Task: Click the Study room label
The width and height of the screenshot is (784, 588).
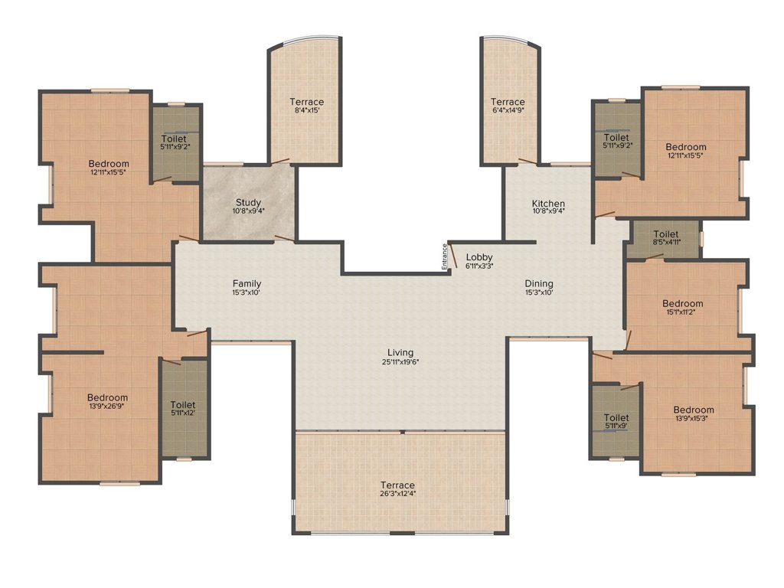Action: pyautogui.click(x=249, y=202)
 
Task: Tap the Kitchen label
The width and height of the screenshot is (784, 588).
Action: pyautogui.click(x=548, y=204)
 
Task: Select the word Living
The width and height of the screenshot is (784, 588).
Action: pyautogui.click(x=400, y=352)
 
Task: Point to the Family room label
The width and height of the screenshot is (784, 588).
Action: pyautogui.click(x=247, y=283)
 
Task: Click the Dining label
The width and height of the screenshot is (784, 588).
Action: pyautogui.click(x=539, y=283)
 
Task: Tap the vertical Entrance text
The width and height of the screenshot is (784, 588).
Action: pyautogui.click(x=444, y=257)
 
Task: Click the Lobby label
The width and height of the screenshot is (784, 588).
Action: pyautogui.click(x=479, y=257)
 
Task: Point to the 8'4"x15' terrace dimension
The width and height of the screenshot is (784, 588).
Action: pyautogui.click(x=306, y=110)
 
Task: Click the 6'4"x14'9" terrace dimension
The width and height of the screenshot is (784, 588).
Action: pyautogui.click(x=508, y=110)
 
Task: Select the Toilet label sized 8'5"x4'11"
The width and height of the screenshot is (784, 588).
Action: pyautogui.click(x=666, y=234)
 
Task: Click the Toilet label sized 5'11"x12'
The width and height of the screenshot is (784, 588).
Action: pyautogui.click(x=182, y=405)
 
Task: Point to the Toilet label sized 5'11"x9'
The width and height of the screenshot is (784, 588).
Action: pyautogui.click(x=616, y=417)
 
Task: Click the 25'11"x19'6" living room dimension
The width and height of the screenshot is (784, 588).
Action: pyautogui.click(x=400, y=362)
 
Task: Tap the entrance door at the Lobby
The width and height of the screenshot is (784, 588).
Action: pyautogui.click(x=453, y=256)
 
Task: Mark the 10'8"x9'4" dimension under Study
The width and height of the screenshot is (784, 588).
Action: pyautogui.click(x=249, y=211)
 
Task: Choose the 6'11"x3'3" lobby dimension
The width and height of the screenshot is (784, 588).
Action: pyautogui.click(x=479, y=266)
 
